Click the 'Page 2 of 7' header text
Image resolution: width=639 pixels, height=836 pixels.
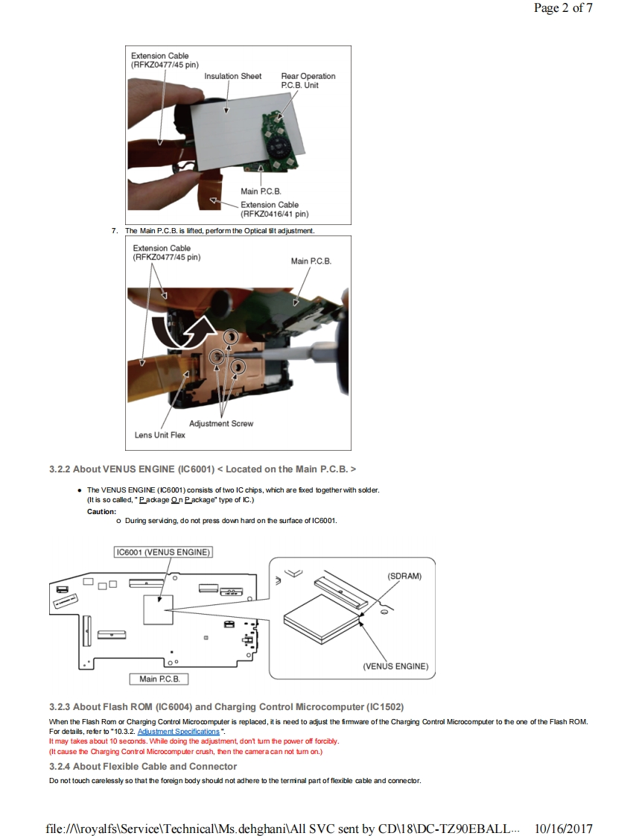point(563,9)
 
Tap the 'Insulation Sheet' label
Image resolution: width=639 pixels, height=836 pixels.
point(232,76)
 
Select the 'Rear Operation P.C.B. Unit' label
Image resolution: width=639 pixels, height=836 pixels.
point(308,80)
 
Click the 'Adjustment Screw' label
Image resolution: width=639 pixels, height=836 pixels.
point(220,423)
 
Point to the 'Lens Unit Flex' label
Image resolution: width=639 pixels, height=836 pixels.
point(159,435)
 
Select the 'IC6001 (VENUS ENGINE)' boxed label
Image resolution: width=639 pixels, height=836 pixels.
point(163,552)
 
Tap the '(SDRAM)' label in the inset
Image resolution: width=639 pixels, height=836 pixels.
point(404,576)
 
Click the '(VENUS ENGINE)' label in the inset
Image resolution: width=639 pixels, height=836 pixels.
point(395,667)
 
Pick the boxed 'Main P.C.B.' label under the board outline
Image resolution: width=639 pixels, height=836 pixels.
point(159,679)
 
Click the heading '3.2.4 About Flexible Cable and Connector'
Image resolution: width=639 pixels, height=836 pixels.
point(142,766)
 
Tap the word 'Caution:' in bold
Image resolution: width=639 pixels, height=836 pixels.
point(101,511)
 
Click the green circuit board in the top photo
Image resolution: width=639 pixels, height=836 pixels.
point(277,142)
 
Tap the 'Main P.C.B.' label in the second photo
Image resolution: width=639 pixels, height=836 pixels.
point(311,261)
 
